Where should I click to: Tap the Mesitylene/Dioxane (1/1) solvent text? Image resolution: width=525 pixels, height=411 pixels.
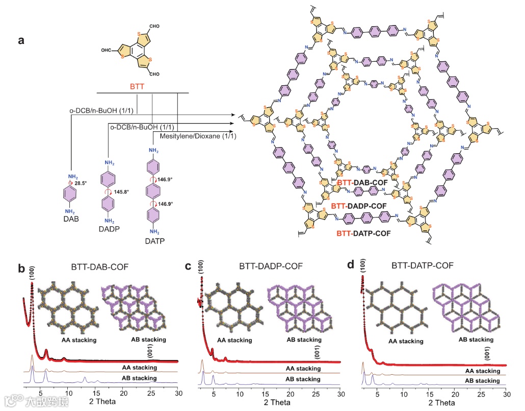(x=194, y=136)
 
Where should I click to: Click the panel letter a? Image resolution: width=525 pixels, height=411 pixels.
(x=21, y=41)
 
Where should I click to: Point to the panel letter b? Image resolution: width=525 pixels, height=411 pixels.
(x=21, y=268)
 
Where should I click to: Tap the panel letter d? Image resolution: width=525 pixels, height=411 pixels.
(x=350, y=265)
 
